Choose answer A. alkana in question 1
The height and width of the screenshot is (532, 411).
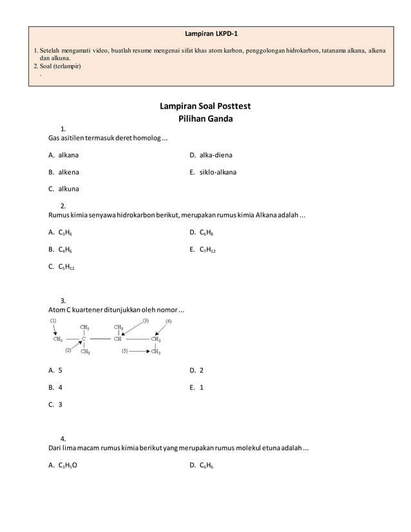click(64, 155)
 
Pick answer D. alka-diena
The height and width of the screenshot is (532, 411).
click(211, 155)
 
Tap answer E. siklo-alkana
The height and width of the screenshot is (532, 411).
click(213, 173)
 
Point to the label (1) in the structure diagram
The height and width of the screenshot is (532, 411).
click(53, 320)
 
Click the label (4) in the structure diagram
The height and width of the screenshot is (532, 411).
click(168, 320)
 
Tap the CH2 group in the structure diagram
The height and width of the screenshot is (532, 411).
click(156, 338)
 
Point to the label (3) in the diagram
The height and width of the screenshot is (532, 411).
click(146, 320)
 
